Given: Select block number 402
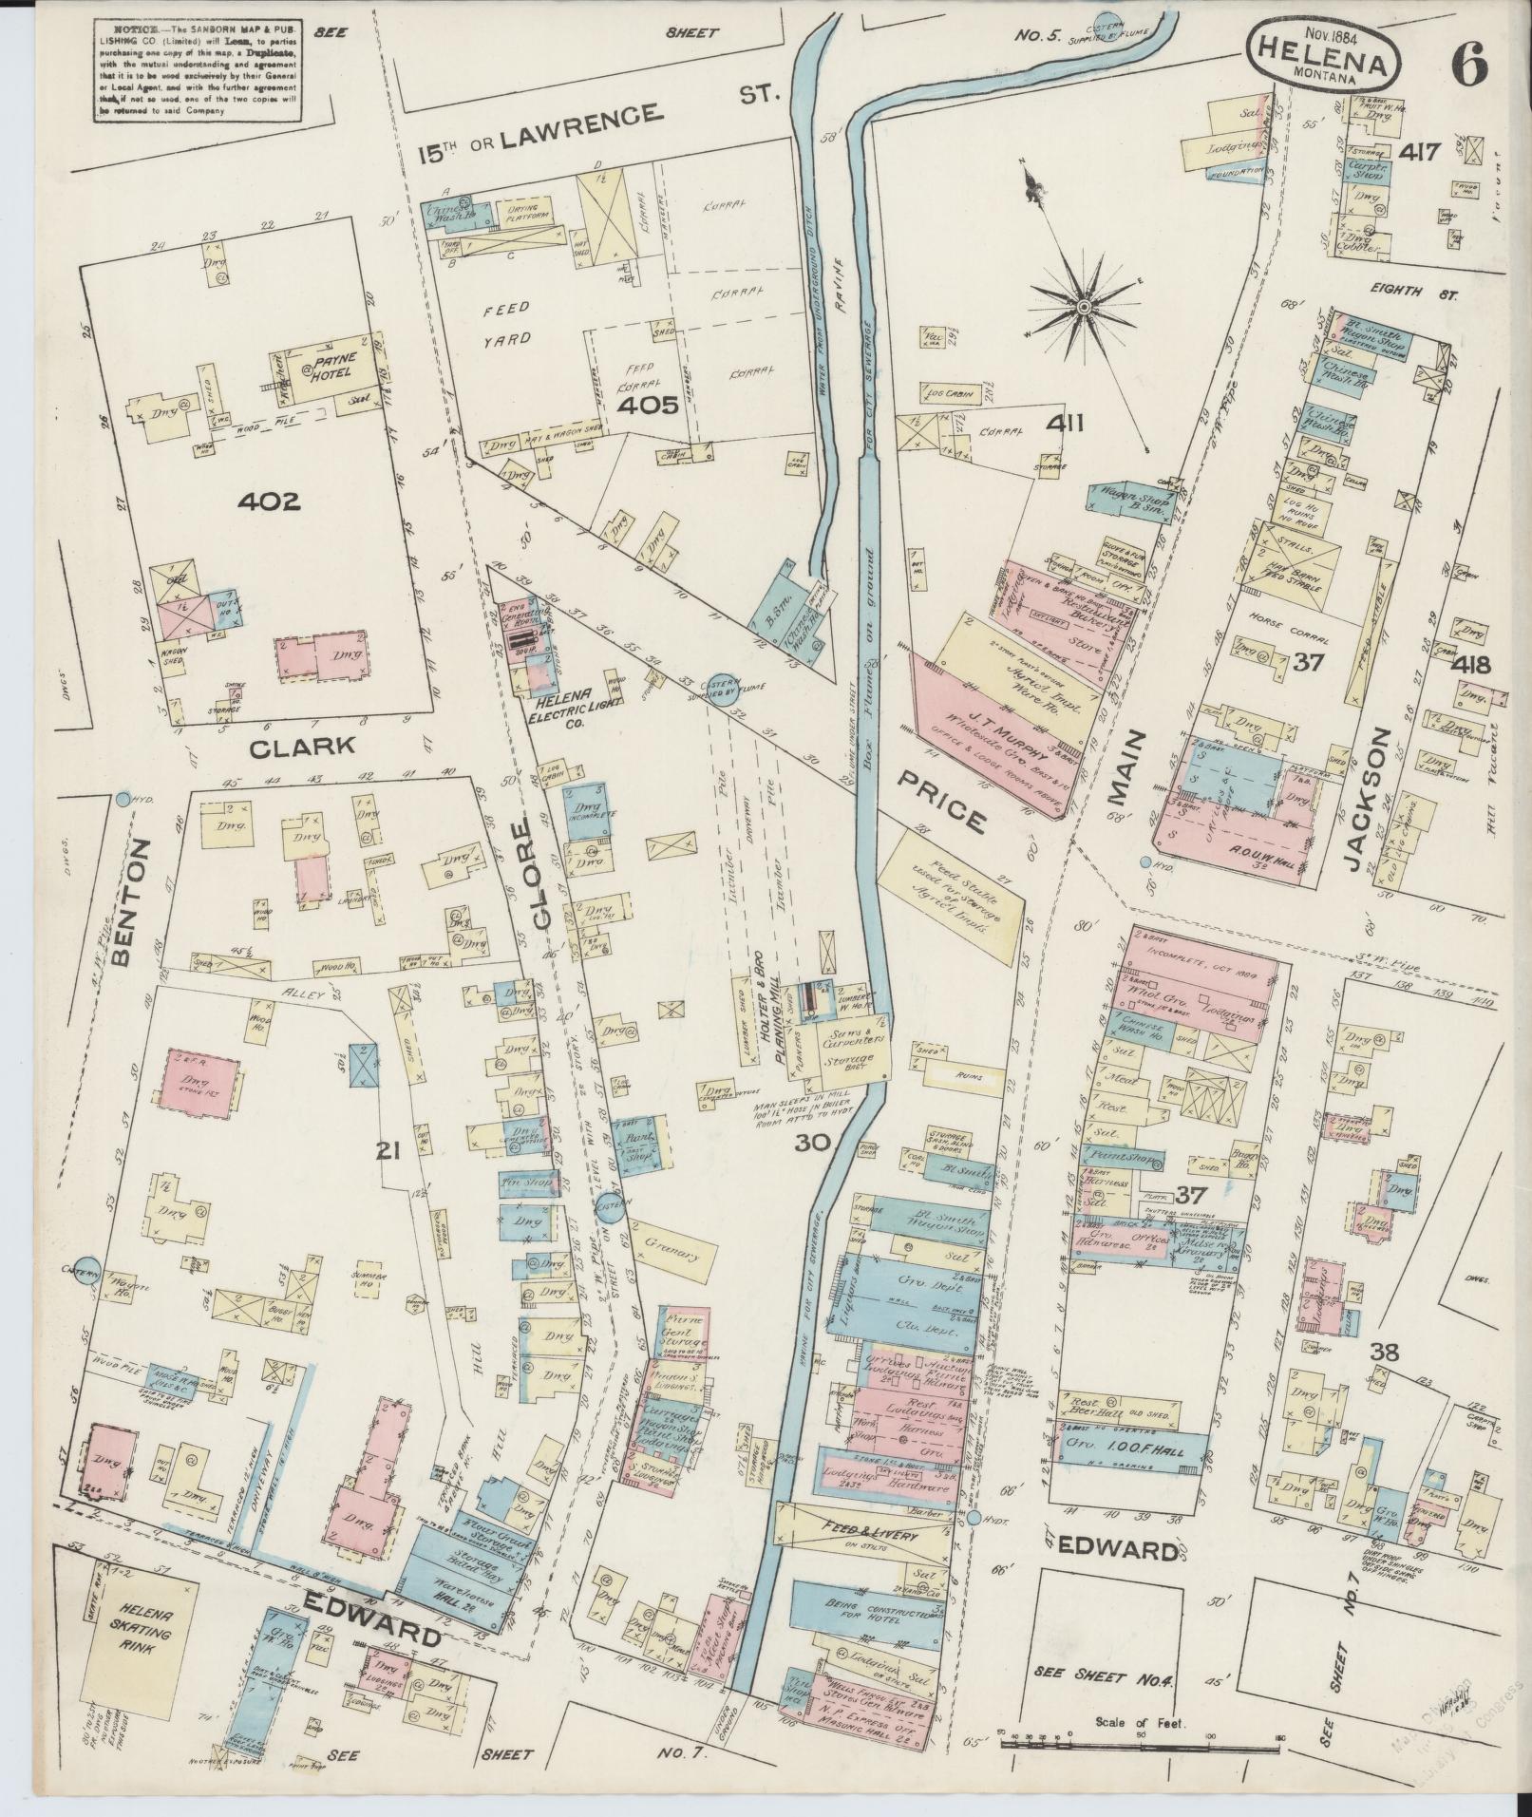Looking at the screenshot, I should point(269,501).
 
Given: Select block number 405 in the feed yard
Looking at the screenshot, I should point(646,406).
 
